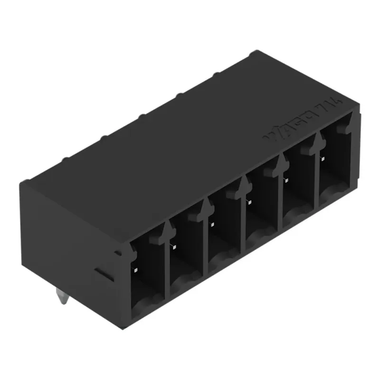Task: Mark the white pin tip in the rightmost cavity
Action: coord(323,159)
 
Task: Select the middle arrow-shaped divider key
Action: coord(245,183)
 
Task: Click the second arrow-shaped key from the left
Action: coord(207,206)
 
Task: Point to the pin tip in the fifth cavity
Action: coord(285,180)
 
